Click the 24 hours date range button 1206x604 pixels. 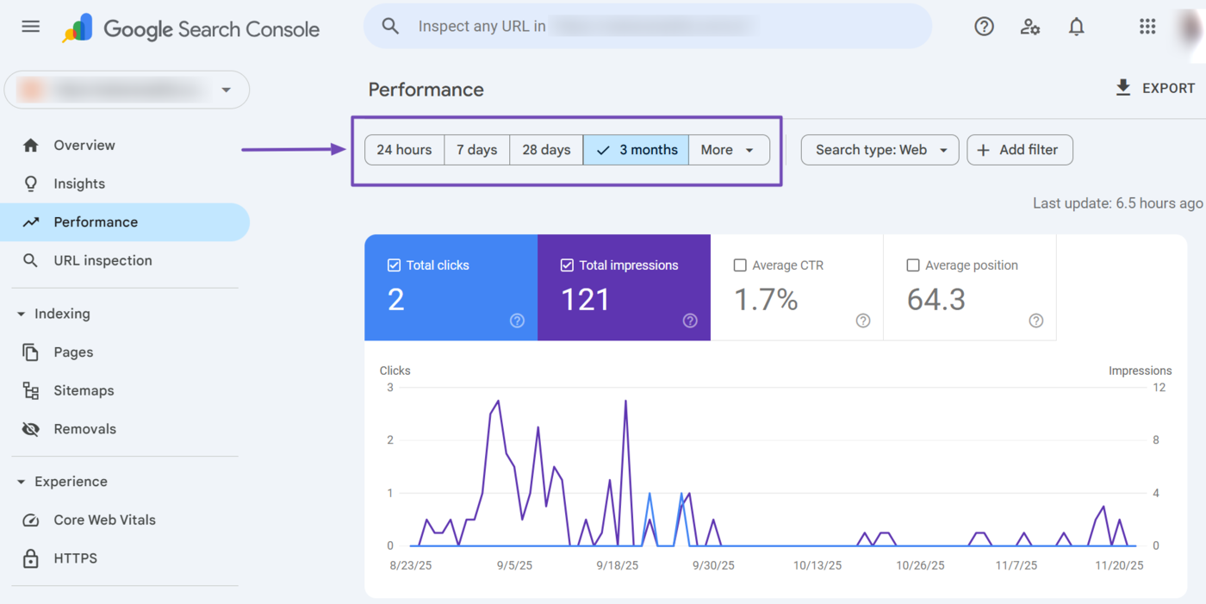(404, 150)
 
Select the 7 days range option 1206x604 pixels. (476, 150)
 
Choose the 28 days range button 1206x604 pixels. (546, 150)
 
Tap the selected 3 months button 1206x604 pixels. (636, 150)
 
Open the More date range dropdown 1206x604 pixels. (728, 150)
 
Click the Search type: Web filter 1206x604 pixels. (880, 150)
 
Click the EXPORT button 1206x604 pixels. (1155, 88)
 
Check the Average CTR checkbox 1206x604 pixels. (740, 265)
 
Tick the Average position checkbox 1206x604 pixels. (913, 265)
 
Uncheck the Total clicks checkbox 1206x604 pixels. (395, 265)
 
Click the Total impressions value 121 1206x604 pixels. (586, 300)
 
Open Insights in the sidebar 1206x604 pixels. (79, 184)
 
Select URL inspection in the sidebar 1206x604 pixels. (103, 260)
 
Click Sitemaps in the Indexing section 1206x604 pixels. (84, 390)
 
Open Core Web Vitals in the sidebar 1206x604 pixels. (104, 520)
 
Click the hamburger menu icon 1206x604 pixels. (31, 27)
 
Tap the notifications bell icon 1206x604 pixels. (1076, 27)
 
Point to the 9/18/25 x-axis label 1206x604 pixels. (618, 566)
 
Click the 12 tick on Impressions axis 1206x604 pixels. (1159, 388)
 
